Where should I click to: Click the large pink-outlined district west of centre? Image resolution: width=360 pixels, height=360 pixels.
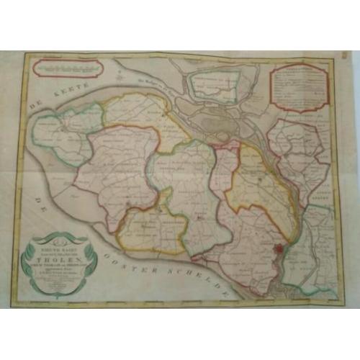tap(115, 173)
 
